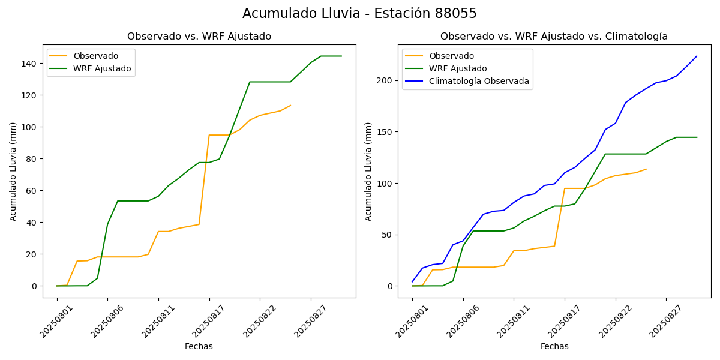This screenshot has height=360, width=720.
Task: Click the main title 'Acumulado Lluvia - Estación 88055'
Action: click(x=359, y=14)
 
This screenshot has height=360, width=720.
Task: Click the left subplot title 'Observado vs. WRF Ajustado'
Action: click(x=199, y=37)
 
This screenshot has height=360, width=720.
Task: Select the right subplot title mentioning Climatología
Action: click(x=554, y=37)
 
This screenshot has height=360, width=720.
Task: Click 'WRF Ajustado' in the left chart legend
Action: click(x=102, y=68)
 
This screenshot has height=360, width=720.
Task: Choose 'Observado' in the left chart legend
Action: click(x=96, y=56)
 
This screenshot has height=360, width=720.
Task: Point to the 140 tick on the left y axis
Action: click(x=28, y=64)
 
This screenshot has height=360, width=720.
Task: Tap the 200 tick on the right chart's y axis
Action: click(x=384, y=81)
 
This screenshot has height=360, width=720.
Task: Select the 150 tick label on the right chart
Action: click(x=384, y=132)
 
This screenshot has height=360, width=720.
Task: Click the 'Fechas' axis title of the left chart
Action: click(x=199, y=347)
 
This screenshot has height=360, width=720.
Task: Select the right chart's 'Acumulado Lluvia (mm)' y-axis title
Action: click(x=368, y=172)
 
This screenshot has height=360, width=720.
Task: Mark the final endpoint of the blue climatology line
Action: click(x=697, y=56)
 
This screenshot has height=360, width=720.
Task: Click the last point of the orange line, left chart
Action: click(x=290, y=106)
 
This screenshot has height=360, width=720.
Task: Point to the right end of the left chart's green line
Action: click(x=341, y=56)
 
